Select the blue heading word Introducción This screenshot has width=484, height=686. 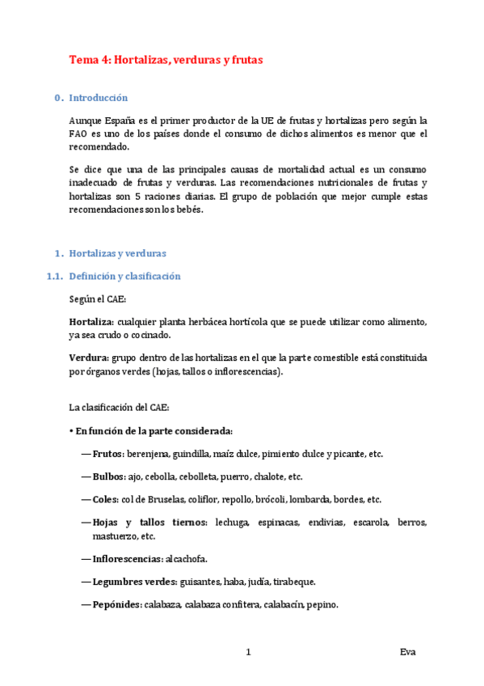click(99, 98)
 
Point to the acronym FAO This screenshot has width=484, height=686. click(79, 133)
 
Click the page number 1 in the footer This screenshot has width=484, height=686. click(249, 652)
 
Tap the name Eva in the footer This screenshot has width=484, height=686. click(407, 652)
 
